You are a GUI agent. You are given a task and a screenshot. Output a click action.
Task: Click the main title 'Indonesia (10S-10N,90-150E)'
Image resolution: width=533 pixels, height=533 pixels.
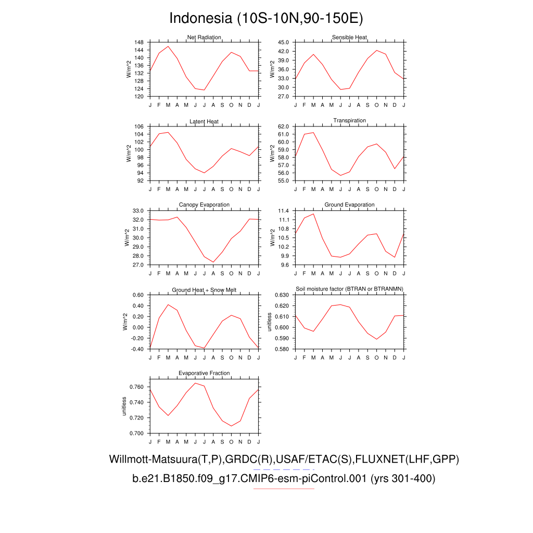tap(266, 19)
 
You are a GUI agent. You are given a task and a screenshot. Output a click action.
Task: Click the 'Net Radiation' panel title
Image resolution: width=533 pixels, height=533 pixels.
tap(204, 37)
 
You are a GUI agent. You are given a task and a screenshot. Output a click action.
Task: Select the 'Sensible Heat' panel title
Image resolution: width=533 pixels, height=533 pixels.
tap(349, 37)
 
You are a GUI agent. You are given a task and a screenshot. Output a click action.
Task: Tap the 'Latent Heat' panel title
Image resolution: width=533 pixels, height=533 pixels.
tap(204, 122)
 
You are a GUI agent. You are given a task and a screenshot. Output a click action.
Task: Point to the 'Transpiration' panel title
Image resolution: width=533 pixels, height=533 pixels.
tap(349, 121)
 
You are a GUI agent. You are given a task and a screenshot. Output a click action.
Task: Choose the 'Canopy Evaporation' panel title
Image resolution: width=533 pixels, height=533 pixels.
tap(204, 205)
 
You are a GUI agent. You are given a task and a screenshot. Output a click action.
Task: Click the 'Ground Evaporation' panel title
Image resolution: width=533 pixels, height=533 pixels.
tap(349, 205)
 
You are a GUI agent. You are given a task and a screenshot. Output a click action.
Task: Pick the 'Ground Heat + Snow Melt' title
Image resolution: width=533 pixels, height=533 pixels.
tap(204, 290)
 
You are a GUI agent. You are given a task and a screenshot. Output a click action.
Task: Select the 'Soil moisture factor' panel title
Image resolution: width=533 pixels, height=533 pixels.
tap(349, 289)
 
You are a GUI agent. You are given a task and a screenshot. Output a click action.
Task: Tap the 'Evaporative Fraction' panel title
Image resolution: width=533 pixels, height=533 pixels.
tap(204, 373)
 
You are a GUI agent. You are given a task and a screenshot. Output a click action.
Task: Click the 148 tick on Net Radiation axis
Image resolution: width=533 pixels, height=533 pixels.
tap(139, 42)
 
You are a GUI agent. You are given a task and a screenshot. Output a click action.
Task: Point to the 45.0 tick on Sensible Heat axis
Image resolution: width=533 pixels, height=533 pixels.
tap(283, 42)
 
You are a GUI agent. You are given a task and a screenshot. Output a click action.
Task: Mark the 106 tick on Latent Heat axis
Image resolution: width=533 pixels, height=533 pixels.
tap(139, 126)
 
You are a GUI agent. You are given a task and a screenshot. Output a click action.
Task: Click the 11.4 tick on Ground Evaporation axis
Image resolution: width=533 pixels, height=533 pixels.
tap(283, 211)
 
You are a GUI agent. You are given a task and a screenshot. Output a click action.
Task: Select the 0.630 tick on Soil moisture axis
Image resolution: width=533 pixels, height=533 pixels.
tap(282, 295)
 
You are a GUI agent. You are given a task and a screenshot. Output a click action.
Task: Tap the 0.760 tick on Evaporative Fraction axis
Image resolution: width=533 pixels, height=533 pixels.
tap(136, 387)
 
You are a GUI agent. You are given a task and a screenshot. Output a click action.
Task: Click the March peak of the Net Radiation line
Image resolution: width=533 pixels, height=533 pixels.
tap(168, 46)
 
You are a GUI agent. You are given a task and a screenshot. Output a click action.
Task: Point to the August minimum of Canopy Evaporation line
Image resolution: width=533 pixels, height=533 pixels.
tap(213, 262)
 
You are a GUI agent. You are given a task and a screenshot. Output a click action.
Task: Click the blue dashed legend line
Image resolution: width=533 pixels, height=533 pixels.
tap(284, 469)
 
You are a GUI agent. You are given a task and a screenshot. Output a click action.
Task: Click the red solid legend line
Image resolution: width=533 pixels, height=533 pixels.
tap(284, 489)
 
